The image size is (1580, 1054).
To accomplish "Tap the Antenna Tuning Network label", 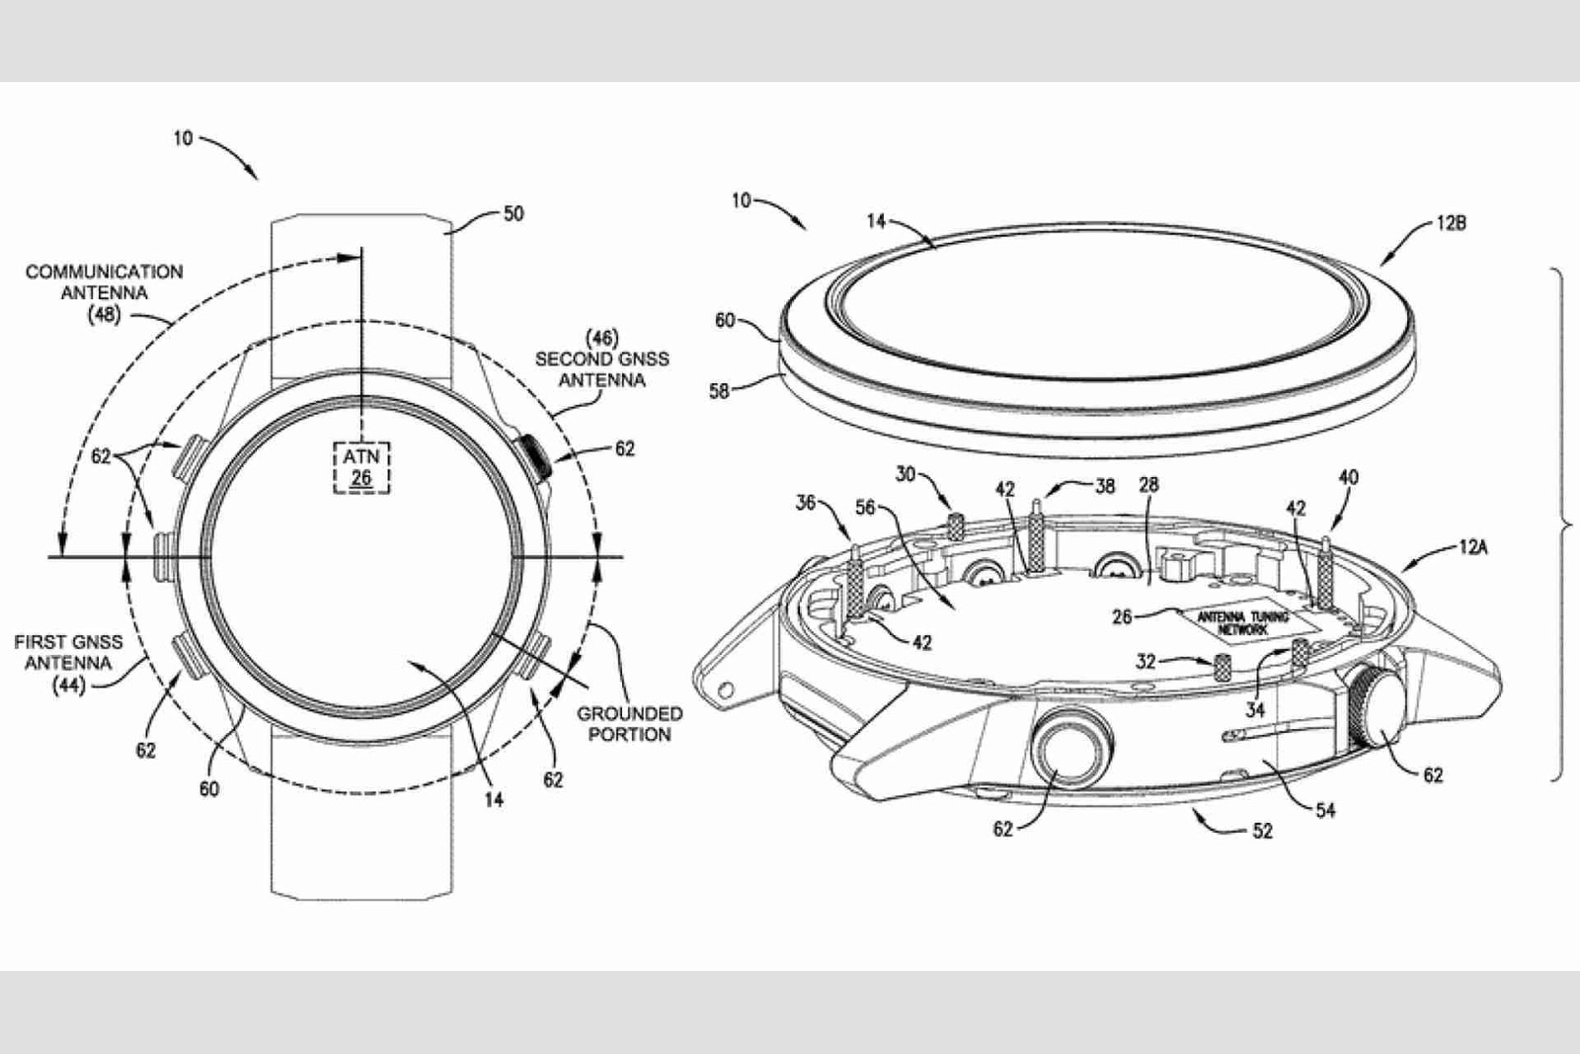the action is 1243,622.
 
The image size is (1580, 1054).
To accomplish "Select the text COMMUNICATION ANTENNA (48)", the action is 104,292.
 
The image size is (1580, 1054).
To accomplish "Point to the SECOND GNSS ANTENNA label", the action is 601,360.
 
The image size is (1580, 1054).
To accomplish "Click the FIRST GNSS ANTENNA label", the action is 68,663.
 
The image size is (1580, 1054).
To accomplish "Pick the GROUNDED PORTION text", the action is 629,724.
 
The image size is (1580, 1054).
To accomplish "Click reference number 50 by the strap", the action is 513,213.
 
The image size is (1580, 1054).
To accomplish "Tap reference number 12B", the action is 1451,223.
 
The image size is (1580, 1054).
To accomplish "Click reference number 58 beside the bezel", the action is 720,391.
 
